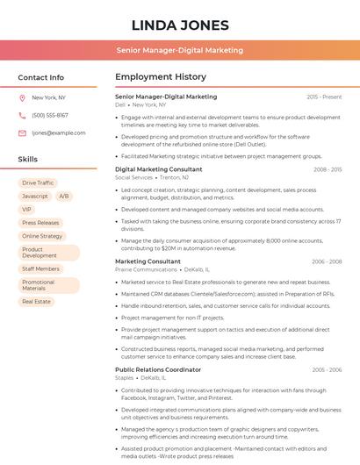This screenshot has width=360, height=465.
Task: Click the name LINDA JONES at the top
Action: tap(180, 25)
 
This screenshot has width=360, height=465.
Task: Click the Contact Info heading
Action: tap(41, 77)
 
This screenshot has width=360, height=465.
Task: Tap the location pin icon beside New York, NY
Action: tap(22, 98)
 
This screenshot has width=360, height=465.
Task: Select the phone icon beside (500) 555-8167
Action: tap(22, 116)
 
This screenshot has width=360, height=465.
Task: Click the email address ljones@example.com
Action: tap(53, 133)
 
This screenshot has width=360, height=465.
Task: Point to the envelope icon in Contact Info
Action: tap(22, 133)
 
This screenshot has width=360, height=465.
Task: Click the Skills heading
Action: tap(28, 160)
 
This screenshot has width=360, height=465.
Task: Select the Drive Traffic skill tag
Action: tap(38, 182)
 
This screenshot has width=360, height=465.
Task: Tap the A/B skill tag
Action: tap(64, 196)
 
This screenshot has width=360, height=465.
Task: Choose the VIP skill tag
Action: tap(26, 210)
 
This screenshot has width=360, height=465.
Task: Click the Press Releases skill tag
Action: tap(40, 223)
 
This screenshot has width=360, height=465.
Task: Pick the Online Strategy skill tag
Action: tap(42, 236)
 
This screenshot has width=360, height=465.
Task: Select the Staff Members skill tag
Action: tap(40, 268)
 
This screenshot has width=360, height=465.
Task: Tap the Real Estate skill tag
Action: tap(37, 301)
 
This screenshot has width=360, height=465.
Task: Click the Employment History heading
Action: tap(161, 77)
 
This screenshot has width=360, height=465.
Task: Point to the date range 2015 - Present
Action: tap(324, 97)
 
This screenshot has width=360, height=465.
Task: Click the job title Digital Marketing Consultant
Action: tap(158, 169)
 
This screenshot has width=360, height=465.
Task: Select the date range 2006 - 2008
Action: tap(327, 261)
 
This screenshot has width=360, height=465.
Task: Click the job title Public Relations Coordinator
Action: tap(158, 369)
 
